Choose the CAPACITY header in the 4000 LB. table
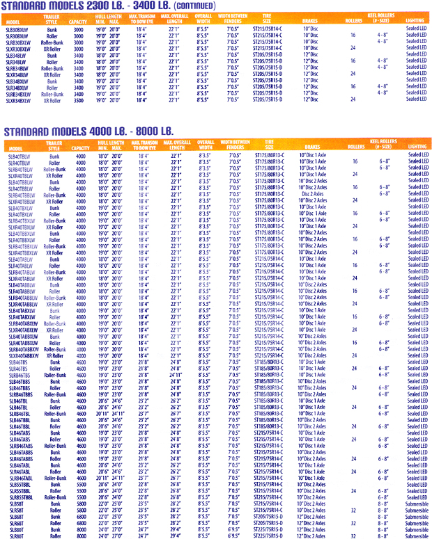tap(80, 147)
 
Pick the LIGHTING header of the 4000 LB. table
tap(417, 147)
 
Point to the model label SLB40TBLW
tap(19, 154)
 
